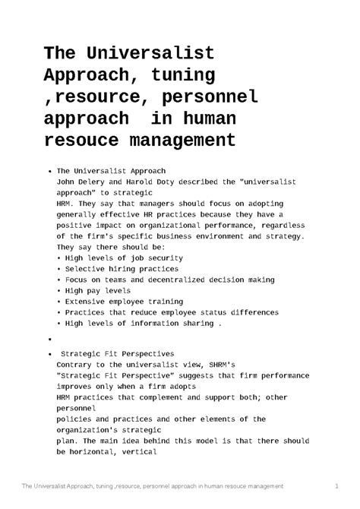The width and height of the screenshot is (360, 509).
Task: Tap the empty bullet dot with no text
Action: point(49,339)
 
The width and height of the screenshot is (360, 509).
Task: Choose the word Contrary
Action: point(78,365)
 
